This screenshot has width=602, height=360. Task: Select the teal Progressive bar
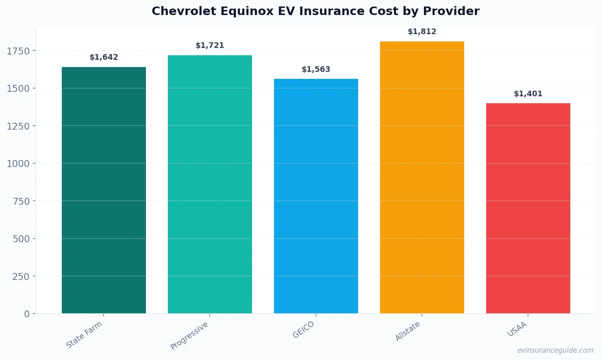(x=210, y=184)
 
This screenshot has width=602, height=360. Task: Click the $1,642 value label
(x=104, y=57)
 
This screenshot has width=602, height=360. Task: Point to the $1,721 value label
(x=210, y=46)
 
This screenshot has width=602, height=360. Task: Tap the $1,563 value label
(x=316, y=69)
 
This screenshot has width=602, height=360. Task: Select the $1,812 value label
(x=422, y=32)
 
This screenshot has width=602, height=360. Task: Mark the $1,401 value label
(x=528, y=94)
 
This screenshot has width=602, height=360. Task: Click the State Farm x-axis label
(x=84, y=334)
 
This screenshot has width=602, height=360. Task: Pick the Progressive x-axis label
(x=189, y=336)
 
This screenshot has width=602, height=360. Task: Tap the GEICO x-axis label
(x=303, y=330)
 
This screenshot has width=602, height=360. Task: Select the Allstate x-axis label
(x=408, y=331)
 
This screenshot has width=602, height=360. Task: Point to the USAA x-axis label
(x=517, y=329)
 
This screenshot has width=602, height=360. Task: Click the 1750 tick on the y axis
(x=18, y=51)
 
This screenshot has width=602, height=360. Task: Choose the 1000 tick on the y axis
(x=18, y=164)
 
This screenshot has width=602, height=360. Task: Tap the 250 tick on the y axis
(x=21, y=276)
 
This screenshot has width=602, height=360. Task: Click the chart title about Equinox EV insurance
(x=315, y=11)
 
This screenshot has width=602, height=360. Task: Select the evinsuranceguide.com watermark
(x=555, y=350)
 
